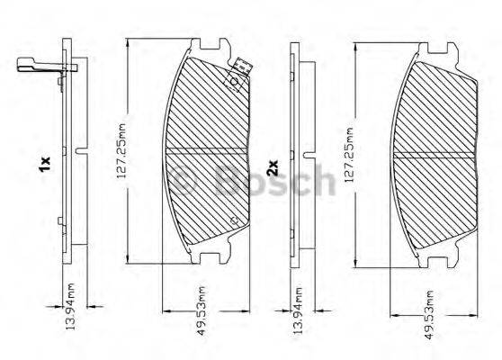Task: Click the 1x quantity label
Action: coord(44,164)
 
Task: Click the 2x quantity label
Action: coord(272,167)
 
